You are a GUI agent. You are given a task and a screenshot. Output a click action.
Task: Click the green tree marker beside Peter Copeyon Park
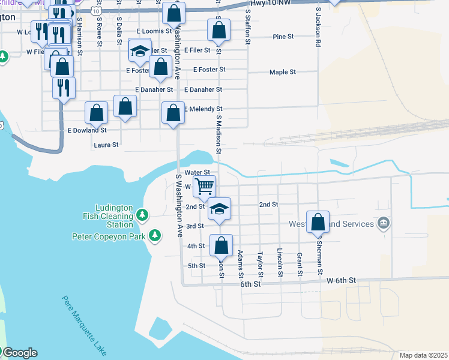point(155,235)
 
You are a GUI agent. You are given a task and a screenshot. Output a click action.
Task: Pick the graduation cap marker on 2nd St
point(220,209)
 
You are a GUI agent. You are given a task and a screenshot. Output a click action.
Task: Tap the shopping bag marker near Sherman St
point(318,221)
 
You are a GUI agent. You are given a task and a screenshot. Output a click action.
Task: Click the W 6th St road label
point(342,280)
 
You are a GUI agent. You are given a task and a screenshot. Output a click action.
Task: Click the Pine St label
point(283,37)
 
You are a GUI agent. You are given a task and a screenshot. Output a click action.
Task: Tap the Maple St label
point(283,72)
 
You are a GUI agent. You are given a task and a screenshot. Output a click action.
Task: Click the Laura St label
point(106,145)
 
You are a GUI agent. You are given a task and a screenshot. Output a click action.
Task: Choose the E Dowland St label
point(87,130)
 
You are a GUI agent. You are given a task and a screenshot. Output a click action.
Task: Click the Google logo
point(19,353)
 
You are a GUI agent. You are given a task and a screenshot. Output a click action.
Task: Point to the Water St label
point(196,172)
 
